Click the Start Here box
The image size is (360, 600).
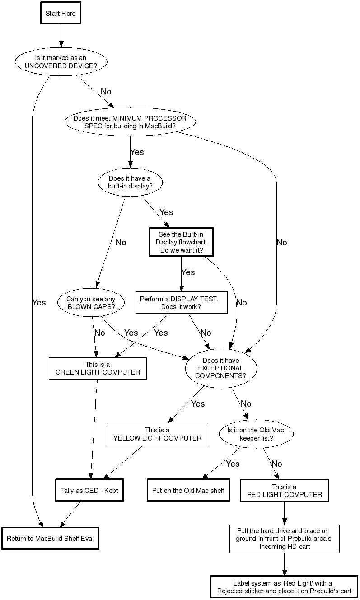click(61, 14)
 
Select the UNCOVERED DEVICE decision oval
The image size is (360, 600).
click(61, 61)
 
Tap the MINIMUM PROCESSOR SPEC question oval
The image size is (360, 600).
click(130, 122)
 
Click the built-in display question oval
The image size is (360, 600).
click(130, 182)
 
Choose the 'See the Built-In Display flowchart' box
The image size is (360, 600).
click(181, 242)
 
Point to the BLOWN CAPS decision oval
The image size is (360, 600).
click(91, 303)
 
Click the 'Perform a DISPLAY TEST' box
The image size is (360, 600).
click(181, 303)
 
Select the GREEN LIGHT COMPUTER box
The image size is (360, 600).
click(98, 368)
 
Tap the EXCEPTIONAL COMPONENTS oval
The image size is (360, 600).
click(220, 368)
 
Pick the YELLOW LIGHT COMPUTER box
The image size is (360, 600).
click(157, 434)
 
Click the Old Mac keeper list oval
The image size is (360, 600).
click(256, 434)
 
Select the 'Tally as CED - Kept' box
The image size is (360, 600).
click(89, 490)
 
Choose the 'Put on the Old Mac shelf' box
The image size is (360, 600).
click(188, 490)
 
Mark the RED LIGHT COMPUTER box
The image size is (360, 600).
click(284, 491)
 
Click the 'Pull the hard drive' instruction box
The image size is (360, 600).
click(284, 539)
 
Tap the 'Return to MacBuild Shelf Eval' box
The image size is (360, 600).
click(50, 538)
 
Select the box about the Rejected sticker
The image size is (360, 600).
click(284, 586)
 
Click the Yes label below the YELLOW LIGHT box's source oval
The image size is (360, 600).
click(198, 403)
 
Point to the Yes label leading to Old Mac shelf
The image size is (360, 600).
click(233, 464)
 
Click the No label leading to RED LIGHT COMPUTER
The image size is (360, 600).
click(276, 464)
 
